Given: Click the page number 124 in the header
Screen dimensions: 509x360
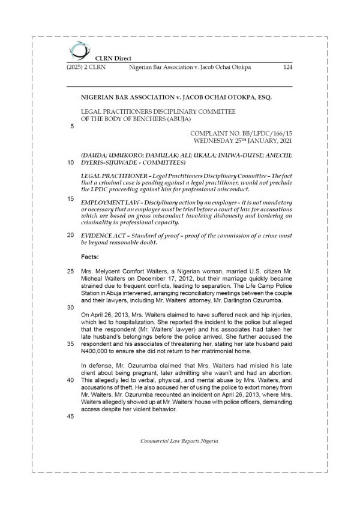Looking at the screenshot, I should coord(287,68).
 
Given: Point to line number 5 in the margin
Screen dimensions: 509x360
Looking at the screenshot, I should coord(72,127).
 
